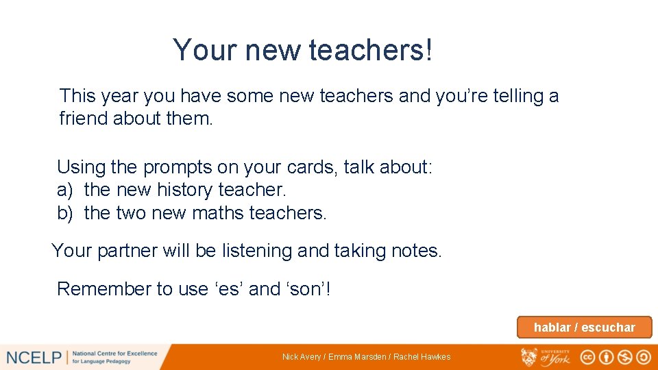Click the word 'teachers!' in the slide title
[371, 50]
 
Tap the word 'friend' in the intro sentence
[84, 119]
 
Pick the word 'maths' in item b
[219, 213]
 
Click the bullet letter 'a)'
[65, 190]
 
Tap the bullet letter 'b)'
[65, 213]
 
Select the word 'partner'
[127, 251]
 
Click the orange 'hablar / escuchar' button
[584, 328]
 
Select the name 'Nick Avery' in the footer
[302, 357]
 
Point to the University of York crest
[530, 356]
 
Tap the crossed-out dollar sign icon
[624, 357]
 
